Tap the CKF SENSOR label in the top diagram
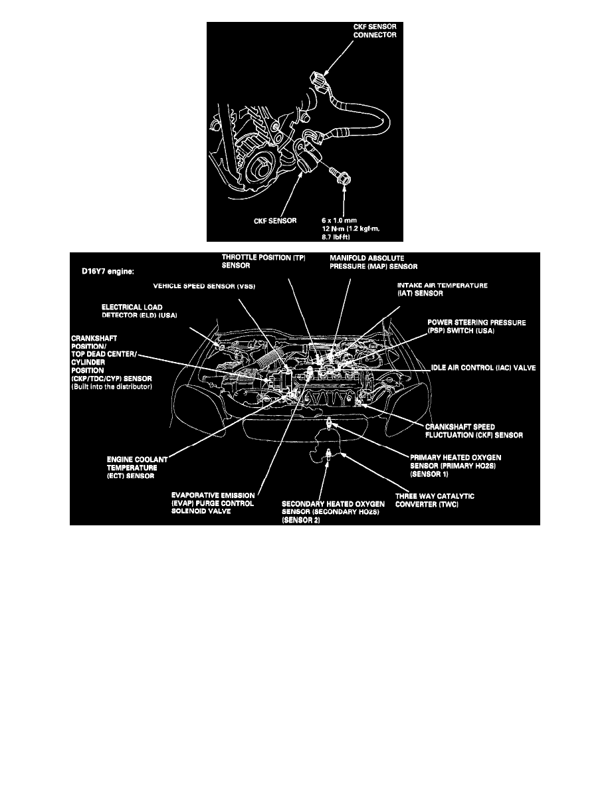point(274,220)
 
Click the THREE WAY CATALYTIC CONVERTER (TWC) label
point(435,499)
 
